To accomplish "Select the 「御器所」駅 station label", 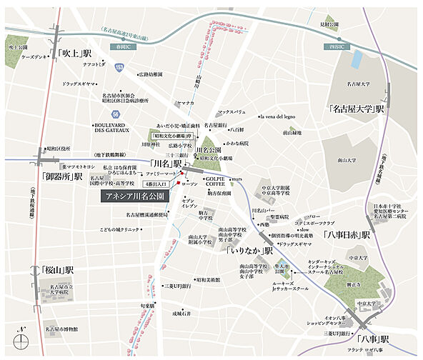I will (62, 176).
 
